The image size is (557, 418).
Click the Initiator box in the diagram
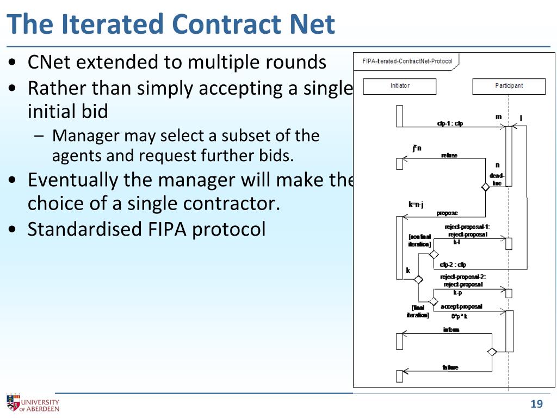tap(400, 86)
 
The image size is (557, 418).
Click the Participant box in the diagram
tap(509, 86)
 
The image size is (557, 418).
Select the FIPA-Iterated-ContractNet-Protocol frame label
tap(407, 61)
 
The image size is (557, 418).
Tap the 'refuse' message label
tap(449, 155)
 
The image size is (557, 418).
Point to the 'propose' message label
tap(447, 213)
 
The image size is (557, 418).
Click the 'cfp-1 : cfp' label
tap(450, 124)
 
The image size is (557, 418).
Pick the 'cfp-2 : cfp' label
tap(453, 265)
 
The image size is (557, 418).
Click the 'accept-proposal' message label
tap(461, 306)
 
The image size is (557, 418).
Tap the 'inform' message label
tap(451, 330)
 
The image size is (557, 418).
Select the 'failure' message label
tap(450, 367)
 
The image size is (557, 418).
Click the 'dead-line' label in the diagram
tap(497, 180)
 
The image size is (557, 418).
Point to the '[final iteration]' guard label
tap(418, 311)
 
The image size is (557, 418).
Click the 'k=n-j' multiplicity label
tap(416, 205)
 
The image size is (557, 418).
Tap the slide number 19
tap(536, 404)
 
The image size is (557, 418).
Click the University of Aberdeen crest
tap(12, 403)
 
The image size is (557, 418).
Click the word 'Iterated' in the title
tap(112, 24)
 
